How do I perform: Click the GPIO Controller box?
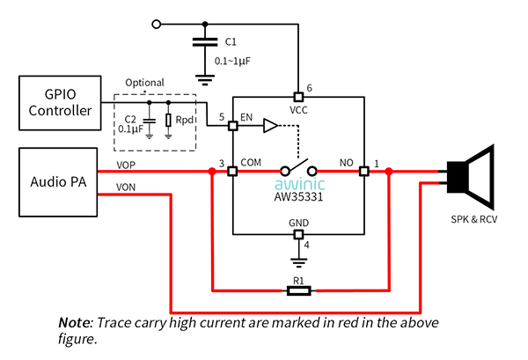pos(60,103)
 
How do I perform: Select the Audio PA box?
pos(58,182)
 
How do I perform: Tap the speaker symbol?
pos(471,177)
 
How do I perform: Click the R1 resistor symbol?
pos(298,290)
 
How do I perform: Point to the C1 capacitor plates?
pos(205,42)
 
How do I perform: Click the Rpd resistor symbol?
pos(168,121)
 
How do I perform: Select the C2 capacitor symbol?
pos(150,121)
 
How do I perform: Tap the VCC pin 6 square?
pos(298,97)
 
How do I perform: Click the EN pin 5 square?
pos(232,126)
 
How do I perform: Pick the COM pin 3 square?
pos(232,172)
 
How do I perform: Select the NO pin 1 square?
pos(364,172)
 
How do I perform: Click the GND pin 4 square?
pos(298,234)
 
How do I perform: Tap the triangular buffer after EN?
pos(271,126)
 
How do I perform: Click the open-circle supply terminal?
pos(157,25)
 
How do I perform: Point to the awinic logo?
pos(300,184)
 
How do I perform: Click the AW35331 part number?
pos(298,196)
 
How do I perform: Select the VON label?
pos(126,187)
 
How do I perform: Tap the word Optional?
pos(144,83)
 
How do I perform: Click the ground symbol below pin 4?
pos(298,262)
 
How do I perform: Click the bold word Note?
pos(75,323)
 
